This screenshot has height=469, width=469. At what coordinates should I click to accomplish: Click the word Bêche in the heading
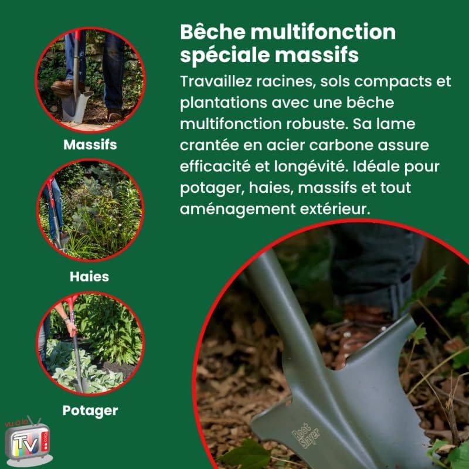(213, 32)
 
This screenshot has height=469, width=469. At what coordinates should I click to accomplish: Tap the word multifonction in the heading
(323, 32)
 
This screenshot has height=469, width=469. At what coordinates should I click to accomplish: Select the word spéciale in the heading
(225, 55)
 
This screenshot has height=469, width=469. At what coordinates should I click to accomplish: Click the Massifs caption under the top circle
(90, 145)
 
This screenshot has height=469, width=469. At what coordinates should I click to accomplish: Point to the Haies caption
(90, 277)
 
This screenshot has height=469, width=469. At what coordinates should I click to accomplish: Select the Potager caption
(90, 411)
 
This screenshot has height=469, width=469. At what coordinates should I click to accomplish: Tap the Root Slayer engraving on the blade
(305, 435)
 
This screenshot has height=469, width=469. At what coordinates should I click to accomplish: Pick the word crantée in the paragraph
(209, 145)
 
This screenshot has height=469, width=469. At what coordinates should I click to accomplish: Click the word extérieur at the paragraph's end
(335, 209)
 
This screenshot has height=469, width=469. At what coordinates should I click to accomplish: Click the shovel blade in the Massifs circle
(76, 106)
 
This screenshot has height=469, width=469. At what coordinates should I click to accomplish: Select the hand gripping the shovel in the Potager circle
(72, 329)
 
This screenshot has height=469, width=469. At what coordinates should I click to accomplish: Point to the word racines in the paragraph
(286, 82)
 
